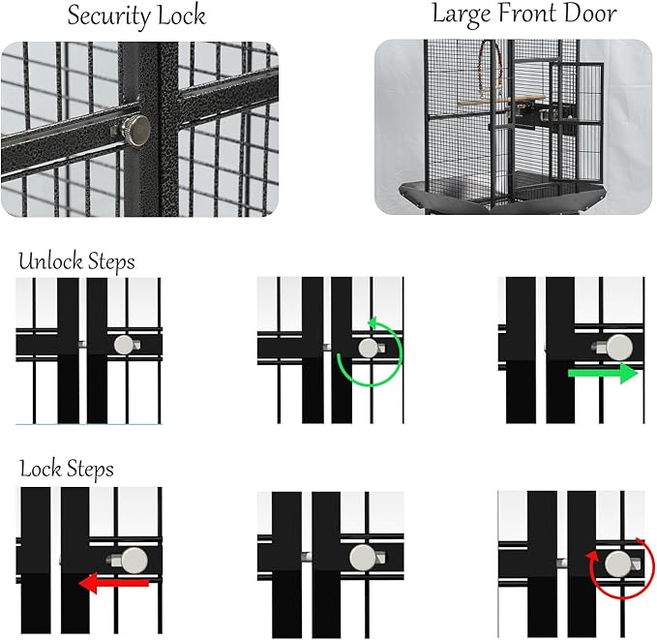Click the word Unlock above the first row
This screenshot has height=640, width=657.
pyautogui.click(x=49, y=261)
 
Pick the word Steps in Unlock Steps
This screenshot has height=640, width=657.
pyautogui.click(x=108, y=262)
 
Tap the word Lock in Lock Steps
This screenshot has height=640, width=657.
pyautogui.click(x=40, y=470)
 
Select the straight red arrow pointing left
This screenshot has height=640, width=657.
pyautogui.click(x=114, y=582)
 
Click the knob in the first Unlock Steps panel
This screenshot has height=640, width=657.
pyautogui.click(x=124, y=344)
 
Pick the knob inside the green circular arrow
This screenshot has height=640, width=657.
pyautogui.click(x=368, y=349)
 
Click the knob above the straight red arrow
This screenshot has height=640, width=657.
pyautogui.click(x=134, y=559)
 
